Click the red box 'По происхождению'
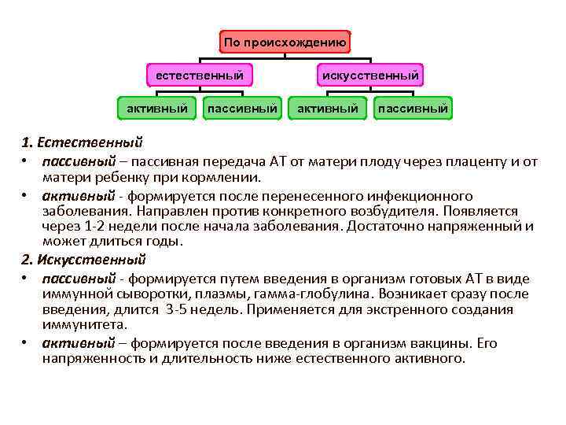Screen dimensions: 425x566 pos(285,42)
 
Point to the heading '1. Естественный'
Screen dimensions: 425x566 pos(83,143)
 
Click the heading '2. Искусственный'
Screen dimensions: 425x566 pos(84,260)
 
